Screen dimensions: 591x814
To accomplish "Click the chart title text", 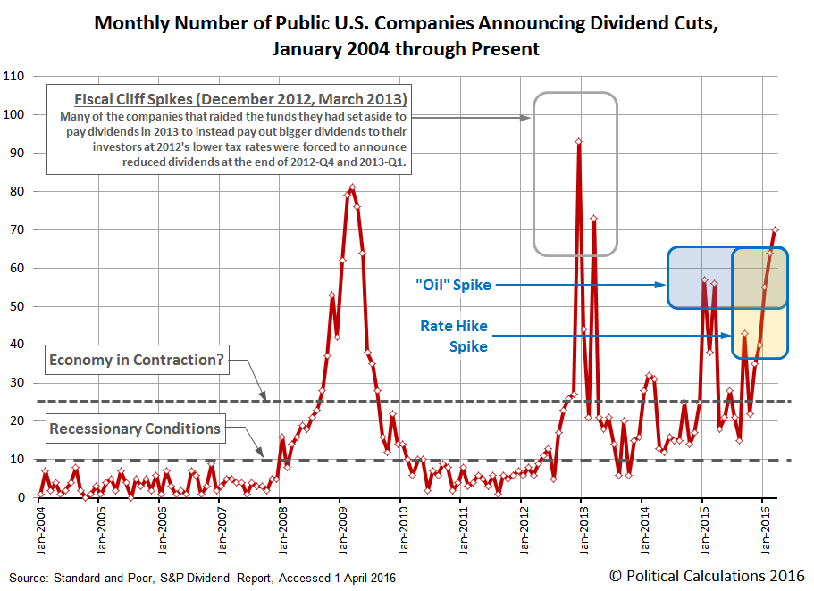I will (x=407, y=36).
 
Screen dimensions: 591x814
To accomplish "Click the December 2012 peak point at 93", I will (x=579, y=141).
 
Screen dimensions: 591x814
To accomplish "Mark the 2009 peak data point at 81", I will (x=353, y=187).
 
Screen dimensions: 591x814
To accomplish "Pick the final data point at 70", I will (x=775, y=229).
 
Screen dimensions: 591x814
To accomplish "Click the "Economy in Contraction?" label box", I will (x=135, y=361).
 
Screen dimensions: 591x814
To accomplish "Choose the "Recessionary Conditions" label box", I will (x=135, y=429).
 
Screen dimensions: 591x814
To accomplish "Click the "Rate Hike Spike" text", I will (x=454, y=337).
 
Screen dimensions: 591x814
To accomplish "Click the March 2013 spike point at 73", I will (x=593, y=218).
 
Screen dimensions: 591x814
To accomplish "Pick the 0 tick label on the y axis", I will (x=22, y=498).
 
